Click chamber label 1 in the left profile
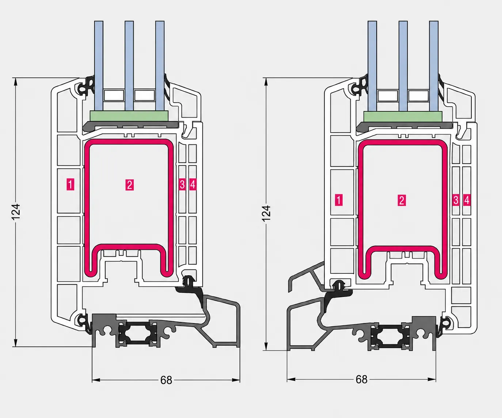pos(70,184)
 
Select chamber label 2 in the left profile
pos(130,185)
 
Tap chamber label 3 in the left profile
pos(182,184)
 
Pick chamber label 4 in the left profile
pos(193,184)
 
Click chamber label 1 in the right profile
pos(339,200)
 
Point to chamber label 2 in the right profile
pos(402,200)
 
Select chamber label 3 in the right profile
pos(456,200)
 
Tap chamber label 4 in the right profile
pos(467,200)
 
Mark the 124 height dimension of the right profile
pos(266,214)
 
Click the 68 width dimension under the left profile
pos(166,380)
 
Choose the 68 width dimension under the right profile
pos(361,380)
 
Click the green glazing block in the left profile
pos(129,116)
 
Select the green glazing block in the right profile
pos(403,116)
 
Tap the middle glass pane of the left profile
pos(129,66)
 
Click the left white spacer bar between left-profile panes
pos(114,95)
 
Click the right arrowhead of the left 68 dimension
pos(236,380)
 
